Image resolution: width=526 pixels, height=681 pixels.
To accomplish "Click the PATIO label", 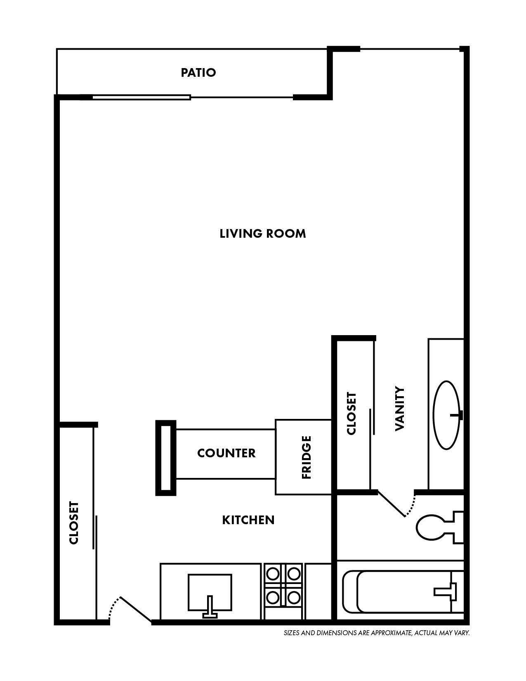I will click(x=198, y=73).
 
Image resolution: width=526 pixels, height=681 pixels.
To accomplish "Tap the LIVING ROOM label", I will click(x=263, y=234).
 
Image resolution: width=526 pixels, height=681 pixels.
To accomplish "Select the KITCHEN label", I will click(x=248, y=520).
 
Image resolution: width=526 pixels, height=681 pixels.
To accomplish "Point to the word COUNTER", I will click(x=226, y=453).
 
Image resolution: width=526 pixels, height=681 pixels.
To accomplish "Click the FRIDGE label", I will click(x=307, y=457).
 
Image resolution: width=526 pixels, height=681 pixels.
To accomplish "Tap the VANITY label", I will click(x=400, y=409).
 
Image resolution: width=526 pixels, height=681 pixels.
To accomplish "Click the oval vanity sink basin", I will click(x=446, y=415).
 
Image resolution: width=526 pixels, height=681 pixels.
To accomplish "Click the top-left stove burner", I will click(x=273, y=574).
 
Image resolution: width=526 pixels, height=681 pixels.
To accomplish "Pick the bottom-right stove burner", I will click(x=293, y=597).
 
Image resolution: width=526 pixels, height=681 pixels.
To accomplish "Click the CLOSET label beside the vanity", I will click(x=351, y=413).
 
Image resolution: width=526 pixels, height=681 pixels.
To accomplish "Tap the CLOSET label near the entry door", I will click(x=74, y=523).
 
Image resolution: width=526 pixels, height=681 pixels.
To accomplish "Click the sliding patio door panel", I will click(x=141, y=98).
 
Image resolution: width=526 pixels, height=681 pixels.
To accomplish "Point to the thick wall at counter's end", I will click(x=165, y=458).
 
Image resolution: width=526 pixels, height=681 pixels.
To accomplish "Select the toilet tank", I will click(x=458, y=528).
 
